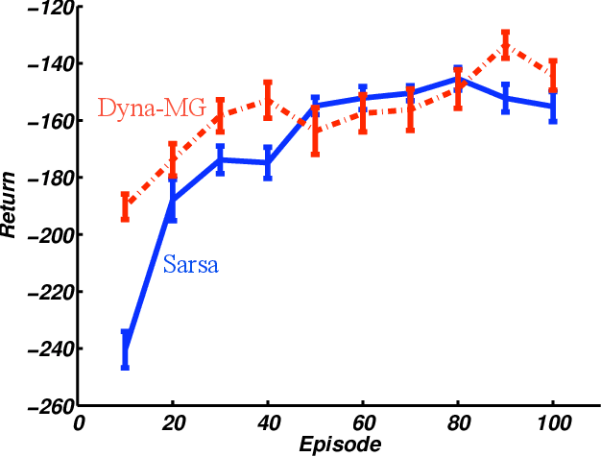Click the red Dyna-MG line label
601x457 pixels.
[x=152, y=108]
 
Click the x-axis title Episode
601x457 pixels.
[x=340, y=445]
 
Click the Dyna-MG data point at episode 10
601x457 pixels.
[x=125, y=206]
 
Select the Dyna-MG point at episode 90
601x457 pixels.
[x=505, y=45]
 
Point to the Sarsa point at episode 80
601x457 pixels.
[x=458, y=79]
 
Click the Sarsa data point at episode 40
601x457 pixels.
[x=268, y=163]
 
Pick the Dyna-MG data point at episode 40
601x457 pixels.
[x=268, y=100]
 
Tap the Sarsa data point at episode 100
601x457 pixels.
[x=553, y=107]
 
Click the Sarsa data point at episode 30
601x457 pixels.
[x=220, y=159]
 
